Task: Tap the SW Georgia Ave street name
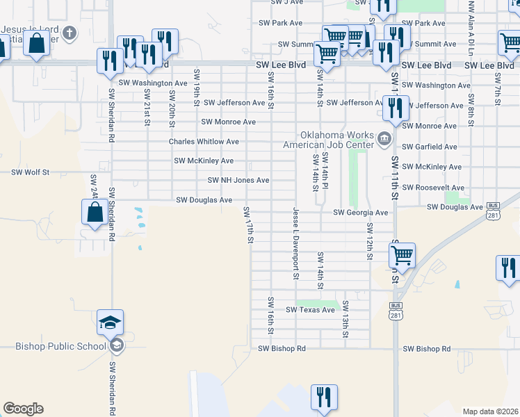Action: [360, 213]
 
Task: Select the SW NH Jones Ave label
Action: [238, 180]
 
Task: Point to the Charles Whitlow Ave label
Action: [204, 142]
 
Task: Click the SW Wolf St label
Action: [31, 172]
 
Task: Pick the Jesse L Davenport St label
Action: [295, 243]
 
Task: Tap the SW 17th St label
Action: [248, 225]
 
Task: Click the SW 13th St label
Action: [345, 320]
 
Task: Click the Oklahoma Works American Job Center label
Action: [328, 140]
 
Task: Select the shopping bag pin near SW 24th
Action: [95, 212]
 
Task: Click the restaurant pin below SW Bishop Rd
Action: [323, 398]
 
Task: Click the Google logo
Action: [23, 409]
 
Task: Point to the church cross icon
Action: [69, 33]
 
